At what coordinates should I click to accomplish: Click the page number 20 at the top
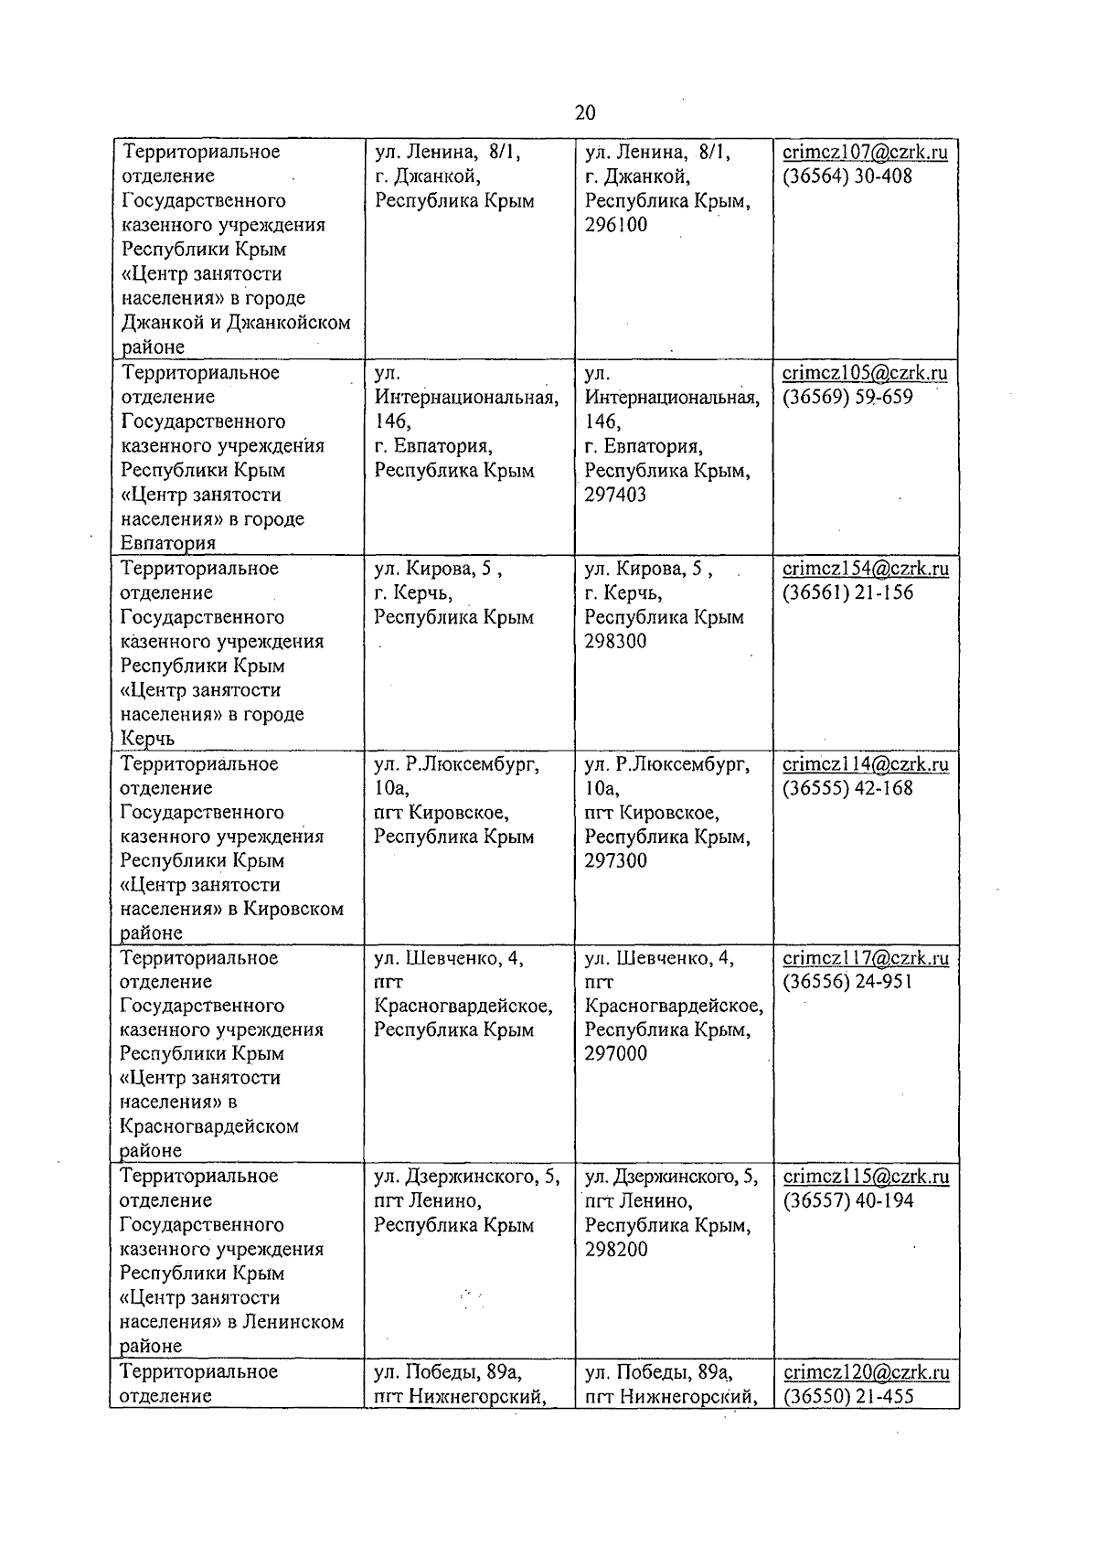click(x=585, y=112)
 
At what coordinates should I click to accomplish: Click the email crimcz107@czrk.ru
click(x=865, y=152)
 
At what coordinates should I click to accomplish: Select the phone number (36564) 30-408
click(x=847, y=176)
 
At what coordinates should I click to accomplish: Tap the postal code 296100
click(x=615, y=225)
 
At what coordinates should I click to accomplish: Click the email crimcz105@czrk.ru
click(x=865, y=373)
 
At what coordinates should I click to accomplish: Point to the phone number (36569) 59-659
click(x=847, y=398)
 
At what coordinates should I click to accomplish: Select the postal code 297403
click(x=615, y=495)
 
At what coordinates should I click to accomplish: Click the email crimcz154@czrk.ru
click(x=866, y=569)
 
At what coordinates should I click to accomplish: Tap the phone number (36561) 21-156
click(x=847, y=592)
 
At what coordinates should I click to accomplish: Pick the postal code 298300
click(x=615, y=641)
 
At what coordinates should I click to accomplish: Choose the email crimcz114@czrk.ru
click(x=866, y=764)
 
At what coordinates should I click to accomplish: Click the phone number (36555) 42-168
click(x=847, y=788)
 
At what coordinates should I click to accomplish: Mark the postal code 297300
click(x=615, y=860)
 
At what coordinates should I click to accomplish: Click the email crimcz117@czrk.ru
click(x=866, y=958)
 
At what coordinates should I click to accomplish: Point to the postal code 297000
click(x=615, y=1053)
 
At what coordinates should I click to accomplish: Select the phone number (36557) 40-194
click(x=847, y=1200)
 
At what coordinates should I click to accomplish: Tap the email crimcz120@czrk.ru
click(x=866, y=1372)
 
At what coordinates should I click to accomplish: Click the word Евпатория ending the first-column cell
click(x=168, y=544)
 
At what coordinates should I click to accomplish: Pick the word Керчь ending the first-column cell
click(x=147, y=739)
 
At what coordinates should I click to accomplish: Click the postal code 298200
click(x=615, y=1249)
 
